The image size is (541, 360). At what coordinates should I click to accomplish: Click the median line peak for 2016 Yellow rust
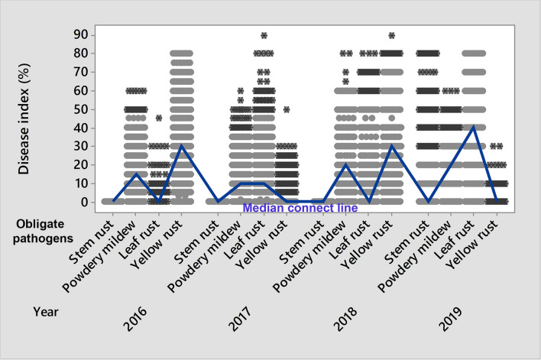coord(181,146)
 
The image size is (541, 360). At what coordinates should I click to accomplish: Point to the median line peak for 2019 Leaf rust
coord(474,128)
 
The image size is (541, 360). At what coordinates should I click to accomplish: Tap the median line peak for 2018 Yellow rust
coord(391,146)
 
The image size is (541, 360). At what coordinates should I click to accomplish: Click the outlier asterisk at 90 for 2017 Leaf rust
coord(264,35)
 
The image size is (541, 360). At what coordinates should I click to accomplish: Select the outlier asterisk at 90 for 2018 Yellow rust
coord(391,35)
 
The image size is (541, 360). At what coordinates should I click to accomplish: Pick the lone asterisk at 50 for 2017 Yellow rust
coord(287,109)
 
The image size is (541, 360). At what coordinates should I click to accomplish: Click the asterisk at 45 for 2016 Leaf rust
coord(159,118)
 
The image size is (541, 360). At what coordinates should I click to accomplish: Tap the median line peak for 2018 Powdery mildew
coord(346,165)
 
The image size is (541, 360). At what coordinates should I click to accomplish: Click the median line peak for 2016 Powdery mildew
coord(136,174)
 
